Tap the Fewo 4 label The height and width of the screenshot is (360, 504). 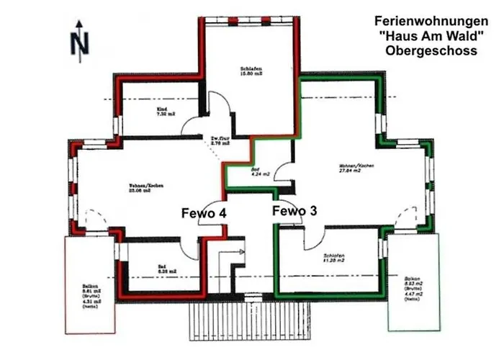[x=204, y=213]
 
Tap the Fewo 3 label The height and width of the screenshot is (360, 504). [x=293, y=210]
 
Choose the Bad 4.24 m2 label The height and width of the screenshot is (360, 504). [x=260, y=171]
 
